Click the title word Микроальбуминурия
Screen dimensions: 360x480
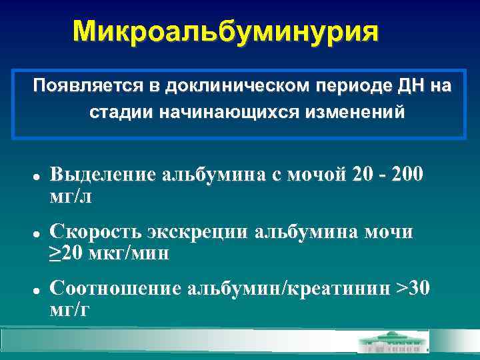pos(225,31)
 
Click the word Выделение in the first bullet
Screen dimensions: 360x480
pos(104,175)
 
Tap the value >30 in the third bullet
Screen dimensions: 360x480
pos(413,288)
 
